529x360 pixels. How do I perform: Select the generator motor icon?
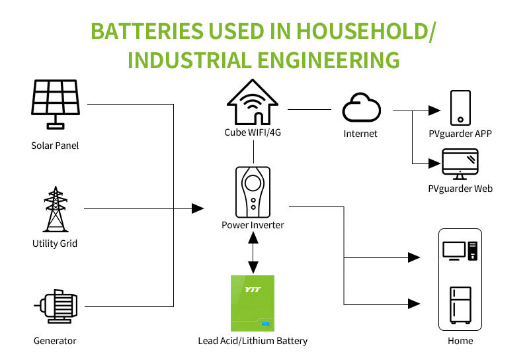(55, 306)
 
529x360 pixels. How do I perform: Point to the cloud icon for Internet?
(361, 107)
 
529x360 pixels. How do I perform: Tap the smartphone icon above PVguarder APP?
(460, 108)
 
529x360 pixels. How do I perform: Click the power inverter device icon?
(253, 191)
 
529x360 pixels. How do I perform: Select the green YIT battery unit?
(253, 303)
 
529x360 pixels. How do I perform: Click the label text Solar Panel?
(55, 146)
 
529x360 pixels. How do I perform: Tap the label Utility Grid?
(55, 244)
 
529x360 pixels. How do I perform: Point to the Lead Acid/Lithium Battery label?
(253, 341)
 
